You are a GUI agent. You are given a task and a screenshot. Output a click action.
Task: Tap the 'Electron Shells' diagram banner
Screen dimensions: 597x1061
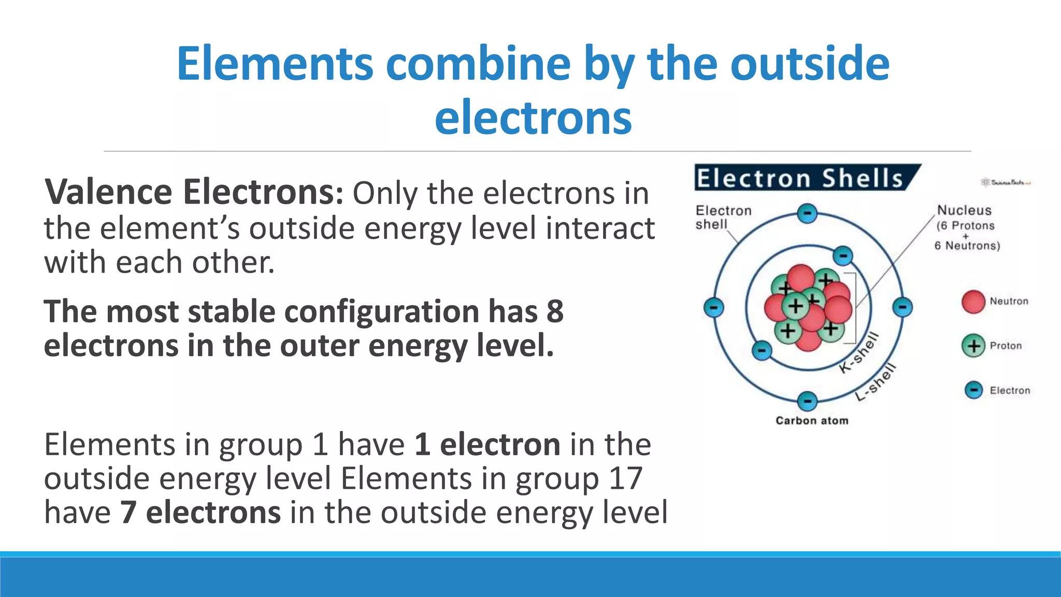(800, 178)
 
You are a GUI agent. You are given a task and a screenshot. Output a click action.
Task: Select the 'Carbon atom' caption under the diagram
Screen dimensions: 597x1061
(812, 420)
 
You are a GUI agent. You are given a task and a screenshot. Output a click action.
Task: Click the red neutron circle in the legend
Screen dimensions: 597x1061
(973, 302)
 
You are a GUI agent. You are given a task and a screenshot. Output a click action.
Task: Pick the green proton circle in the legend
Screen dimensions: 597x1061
(973, 346)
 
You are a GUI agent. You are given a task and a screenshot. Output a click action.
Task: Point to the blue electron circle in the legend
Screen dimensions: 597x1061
(973, 390)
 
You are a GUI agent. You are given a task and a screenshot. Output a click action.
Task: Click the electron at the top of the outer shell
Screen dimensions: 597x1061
(807, 214)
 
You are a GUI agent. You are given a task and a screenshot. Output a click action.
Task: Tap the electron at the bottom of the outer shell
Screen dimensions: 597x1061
(807, 401)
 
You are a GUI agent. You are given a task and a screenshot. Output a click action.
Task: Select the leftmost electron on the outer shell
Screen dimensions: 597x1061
(713, 307)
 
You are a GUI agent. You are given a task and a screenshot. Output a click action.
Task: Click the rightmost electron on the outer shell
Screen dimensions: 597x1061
(902, 307)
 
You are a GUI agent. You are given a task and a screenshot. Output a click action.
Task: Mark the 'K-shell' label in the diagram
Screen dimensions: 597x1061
(859, 352)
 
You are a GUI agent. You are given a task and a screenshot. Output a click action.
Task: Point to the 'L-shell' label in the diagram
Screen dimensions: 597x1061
(876, 382)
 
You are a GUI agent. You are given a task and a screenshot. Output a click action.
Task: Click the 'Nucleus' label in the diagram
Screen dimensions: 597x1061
(964, 210)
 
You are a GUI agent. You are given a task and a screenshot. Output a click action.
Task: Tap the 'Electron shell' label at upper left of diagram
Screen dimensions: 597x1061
(723, 217)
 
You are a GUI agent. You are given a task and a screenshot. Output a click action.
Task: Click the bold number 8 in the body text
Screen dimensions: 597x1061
(555, 311)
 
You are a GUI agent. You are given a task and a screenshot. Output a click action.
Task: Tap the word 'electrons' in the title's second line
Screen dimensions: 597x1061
(533, 117)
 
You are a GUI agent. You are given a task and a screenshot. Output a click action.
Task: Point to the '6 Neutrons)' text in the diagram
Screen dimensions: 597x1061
(967, 246)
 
